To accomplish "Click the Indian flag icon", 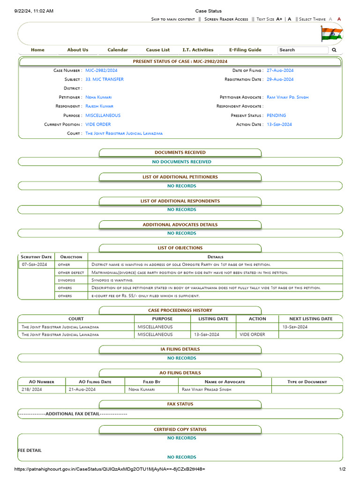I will click(x=331, y=34).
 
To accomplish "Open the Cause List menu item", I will click(x=158, y=50).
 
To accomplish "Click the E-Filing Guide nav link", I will click(x=245, y=50).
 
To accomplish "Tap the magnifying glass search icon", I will click(x=334, y=50).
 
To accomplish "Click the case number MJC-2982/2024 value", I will click(x=101, y=70).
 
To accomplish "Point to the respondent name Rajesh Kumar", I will click(x=99, y=106).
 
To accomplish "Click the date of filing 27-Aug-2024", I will click(x=280, y=70).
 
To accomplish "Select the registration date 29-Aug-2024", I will click(x=280, y=79).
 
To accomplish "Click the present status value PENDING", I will click(x=276, y=115).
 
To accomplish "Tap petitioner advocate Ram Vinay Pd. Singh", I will click(x=287, y=97).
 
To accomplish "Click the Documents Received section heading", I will click(x=180, y=152).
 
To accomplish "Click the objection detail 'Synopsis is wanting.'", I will click(x=112, y=280).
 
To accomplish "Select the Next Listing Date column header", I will click(x=311, y=319).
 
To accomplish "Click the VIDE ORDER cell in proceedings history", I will click(x=252, y=335).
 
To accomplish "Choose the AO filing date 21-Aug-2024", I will click(x=82, y=390).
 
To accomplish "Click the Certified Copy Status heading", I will click(x=180, y=429).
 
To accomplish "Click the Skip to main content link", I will click(x=173, y=19).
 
